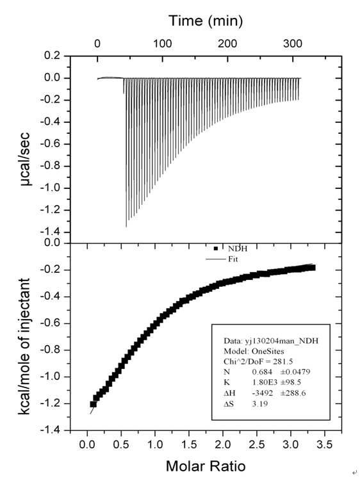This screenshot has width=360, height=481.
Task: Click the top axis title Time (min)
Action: tap(206, 21)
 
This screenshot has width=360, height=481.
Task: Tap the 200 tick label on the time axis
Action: tap(227, 44)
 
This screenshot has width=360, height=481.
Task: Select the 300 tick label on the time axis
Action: tap(293, 44)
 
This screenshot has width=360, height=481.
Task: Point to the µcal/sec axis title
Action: tap(26, 159)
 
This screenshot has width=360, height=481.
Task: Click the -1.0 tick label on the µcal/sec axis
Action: tap(51, 188)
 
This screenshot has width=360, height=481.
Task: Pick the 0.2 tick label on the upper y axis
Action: tap(53, 56)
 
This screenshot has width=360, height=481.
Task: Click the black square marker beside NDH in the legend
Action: tap(215, 249)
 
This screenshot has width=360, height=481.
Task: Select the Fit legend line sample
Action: tap(215, 259)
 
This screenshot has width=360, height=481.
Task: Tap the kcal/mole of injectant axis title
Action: tap(24, 346)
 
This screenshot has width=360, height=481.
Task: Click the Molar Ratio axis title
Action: tap(206, 466)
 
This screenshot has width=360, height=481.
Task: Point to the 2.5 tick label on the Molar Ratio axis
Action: tap(257, 444)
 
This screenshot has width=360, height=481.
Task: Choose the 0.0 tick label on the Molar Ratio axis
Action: tap(87, 444)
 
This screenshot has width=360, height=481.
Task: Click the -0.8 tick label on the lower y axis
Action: tap(51, 350)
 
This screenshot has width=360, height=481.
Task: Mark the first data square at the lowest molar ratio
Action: tap(93, 404)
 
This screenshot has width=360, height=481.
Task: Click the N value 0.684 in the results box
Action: tap(262, 372)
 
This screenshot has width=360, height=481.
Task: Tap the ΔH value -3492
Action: tap(263, 393)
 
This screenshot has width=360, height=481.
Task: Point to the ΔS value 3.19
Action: tap(260, 404)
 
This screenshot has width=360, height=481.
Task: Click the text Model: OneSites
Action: tap(254, 351)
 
